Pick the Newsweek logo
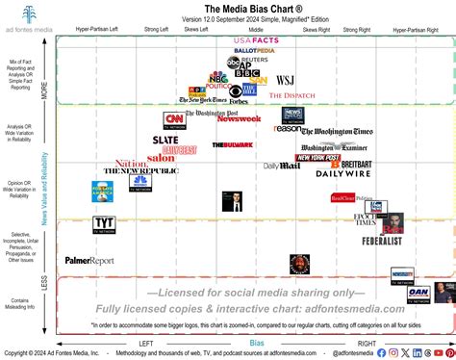[x=239, y=118]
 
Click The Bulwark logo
[x=233, y=144]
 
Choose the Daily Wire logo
[x=344, y=173]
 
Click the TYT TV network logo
[x=105, y=224]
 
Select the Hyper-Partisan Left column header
[x=90, y=31]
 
